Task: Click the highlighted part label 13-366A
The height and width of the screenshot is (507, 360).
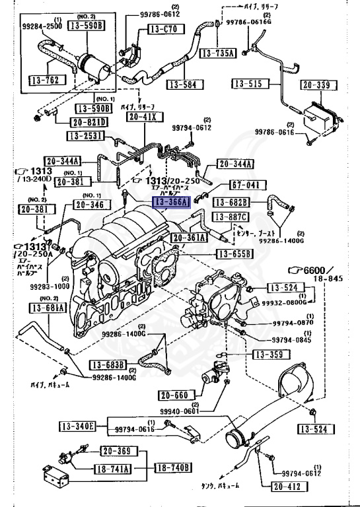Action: tap(172, 202)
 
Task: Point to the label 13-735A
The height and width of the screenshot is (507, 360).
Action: tap(219, 53)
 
